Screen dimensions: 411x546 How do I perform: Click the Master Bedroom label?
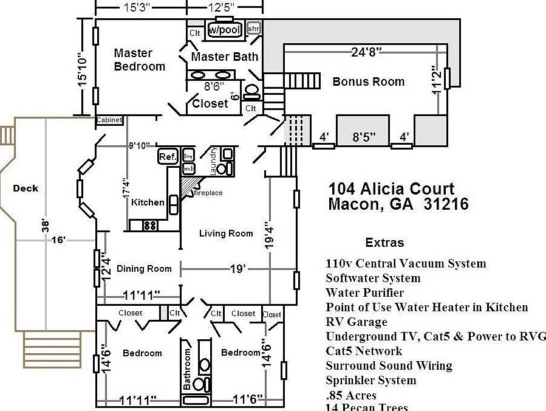pyautogui.click(x=139, y=60)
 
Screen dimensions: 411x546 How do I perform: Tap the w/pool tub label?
pyautogui.click(x=225, y=29)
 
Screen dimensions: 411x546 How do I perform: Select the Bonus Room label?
pyautogui.click(x=368, y=81)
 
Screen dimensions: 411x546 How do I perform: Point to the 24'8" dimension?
pyautogui.click(x=366, y=52)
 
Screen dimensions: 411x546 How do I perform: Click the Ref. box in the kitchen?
pyautogui.click(x=168, y=156)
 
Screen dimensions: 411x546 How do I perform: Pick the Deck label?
pyautogui.click(x=26, y=188)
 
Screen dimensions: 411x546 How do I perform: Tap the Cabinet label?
pyautogui.click(x=109, y=120)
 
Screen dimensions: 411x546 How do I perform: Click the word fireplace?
pyautogui.click(x=208, y=193)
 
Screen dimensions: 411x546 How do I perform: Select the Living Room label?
pyautogui.click(x=226, y=233)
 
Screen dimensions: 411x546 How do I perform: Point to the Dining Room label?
pyautogui.click(x=144, y=268)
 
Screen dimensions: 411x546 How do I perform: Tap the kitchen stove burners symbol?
pyautogui.click(x=149, y=225)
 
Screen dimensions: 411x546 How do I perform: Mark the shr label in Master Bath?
pyautogui.click(x=254, y=29)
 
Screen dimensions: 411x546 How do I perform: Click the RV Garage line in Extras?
pyautogui.click(x=356, y=322)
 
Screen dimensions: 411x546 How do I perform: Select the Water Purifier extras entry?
pyautogui.click(x=364, y=292)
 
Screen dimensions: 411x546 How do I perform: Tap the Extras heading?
pyautogui.click(x=384, y=243)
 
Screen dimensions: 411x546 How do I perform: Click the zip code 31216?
pyautogui.click(x=445, y=204)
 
